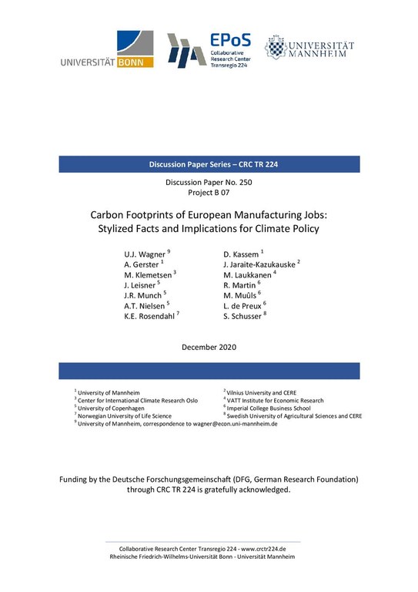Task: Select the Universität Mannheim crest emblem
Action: (275, 48)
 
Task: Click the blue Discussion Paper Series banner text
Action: (209, 164)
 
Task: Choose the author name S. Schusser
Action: (242, 314)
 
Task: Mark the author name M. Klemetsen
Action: (147, 274)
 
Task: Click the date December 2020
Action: (209, 347)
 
